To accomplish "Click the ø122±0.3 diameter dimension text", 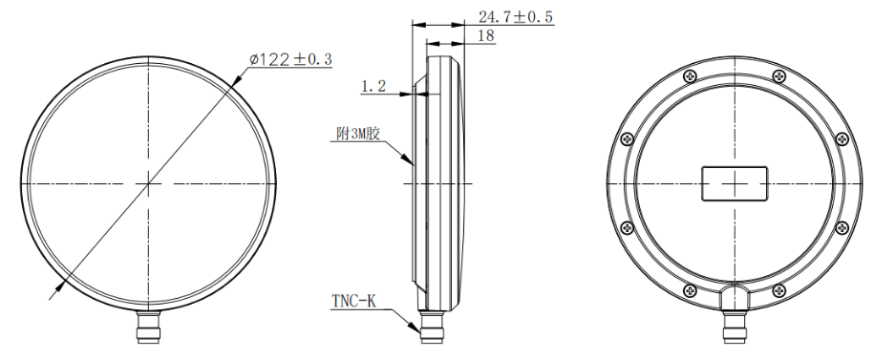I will pyautogui.click(x=291, y=59).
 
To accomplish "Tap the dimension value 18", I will pyautogui.click(x=484, y=36).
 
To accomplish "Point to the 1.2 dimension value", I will pyautogui.click(x=373, y=87).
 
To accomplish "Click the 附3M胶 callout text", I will pyautogui.click(x=358, y=135).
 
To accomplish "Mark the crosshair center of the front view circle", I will pyautogui.click(x=149, y=182).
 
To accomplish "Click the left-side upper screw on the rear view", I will pyautogui.click(x=627, y=139).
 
